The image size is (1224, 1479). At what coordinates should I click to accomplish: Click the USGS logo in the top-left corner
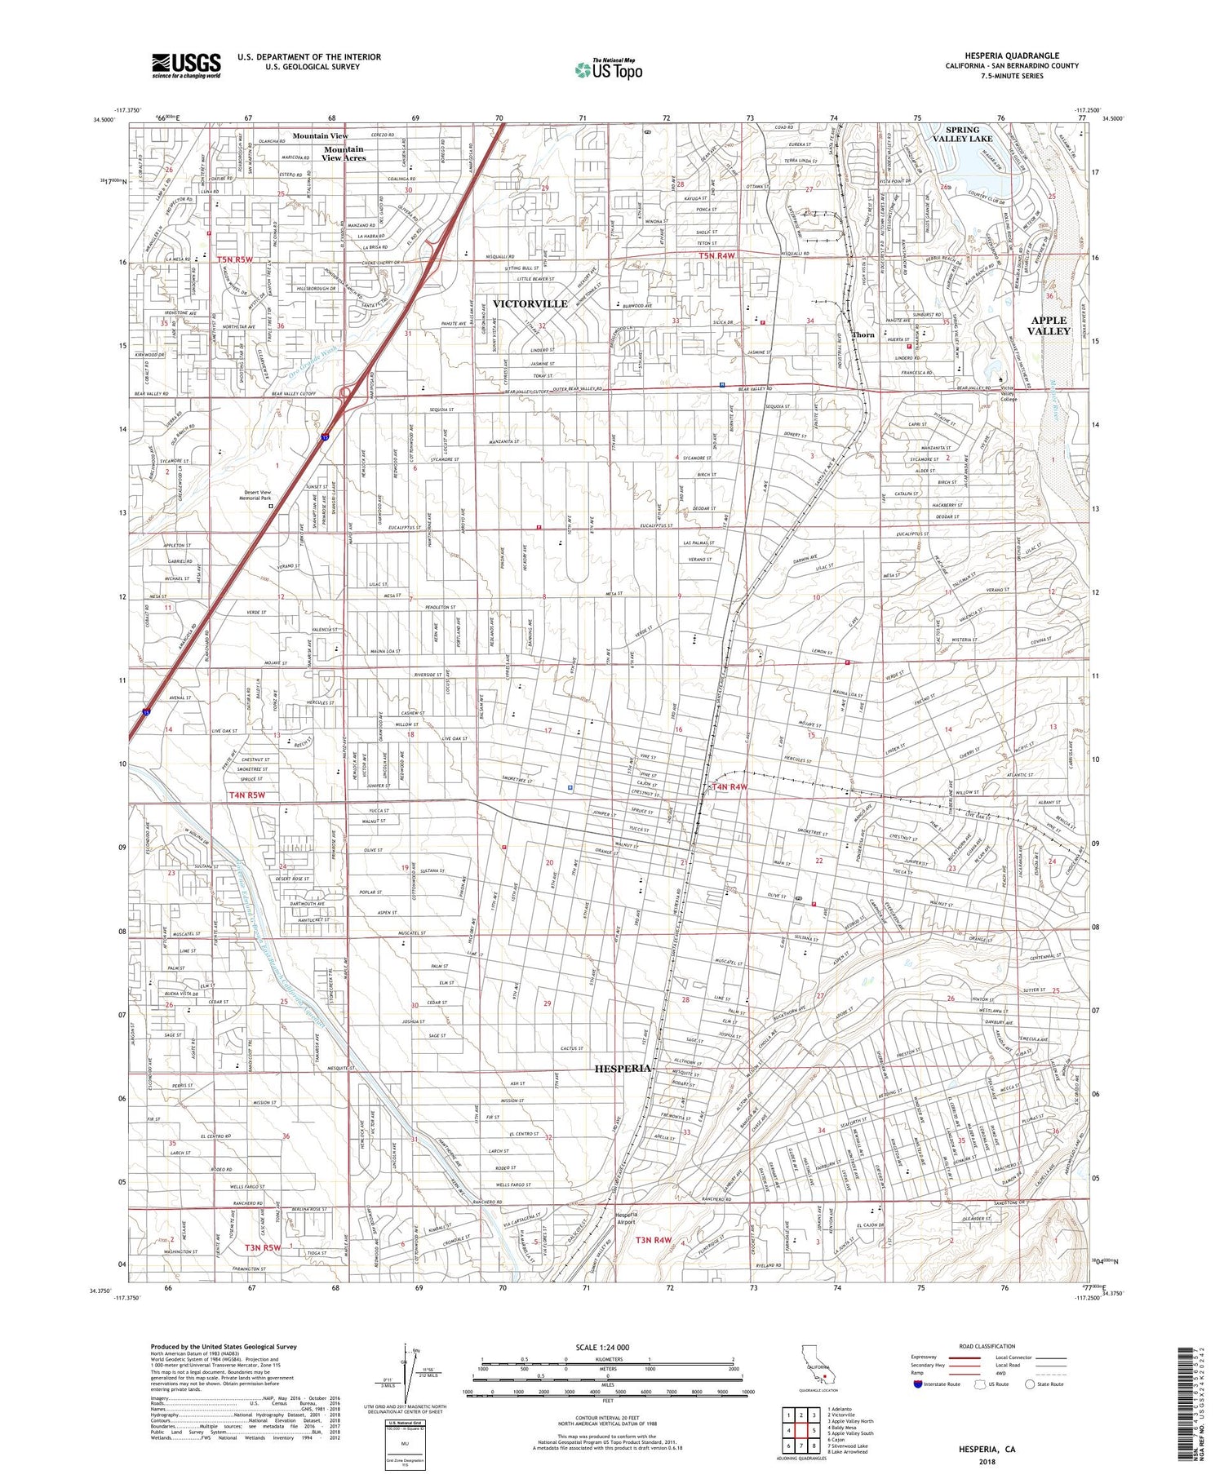[186, 65]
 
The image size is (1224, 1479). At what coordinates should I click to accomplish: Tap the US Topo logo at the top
[609, 70]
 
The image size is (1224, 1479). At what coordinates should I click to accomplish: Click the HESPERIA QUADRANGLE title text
[1012, 56]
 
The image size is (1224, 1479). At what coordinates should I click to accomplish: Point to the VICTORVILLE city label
[530, 303]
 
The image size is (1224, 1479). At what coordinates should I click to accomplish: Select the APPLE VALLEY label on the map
[1049, 325]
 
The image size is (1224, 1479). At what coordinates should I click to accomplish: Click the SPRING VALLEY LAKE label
[963, 135]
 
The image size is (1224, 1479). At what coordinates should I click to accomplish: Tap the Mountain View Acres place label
[344, 153]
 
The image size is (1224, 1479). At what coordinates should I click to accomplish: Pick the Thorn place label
[863, 335]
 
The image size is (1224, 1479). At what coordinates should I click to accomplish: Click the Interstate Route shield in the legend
[920, 1384]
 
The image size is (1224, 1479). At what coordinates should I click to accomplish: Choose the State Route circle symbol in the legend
[1029, 1384]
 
